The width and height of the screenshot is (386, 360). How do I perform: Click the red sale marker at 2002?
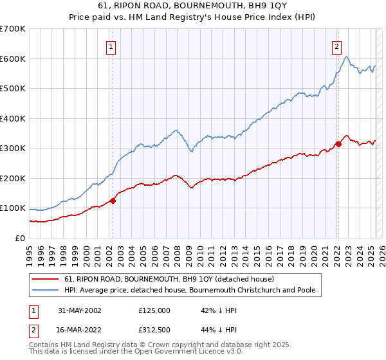[x=113, y=201]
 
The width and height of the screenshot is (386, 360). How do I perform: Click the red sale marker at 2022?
[x=338, y=144]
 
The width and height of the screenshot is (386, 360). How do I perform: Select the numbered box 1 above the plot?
[x=111, y=46]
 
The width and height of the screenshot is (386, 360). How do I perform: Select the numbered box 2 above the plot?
[x=336, y=46]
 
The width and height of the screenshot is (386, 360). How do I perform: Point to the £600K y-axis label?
[x=13, y=59]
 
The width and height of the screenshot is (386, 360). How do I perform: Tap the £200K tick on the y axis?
[x=13, y=178]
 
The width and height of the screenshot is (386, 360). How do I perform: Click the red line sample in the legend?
[x=46, y=279]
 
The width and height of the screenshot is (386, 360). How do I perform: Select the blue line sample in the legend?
[x=46, y=291]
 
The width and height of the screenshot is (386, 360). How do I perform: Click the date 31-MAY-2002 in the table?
[x=79, y=310]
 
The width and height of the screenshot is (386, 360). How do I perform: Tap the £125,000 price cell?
[x=154, y=310]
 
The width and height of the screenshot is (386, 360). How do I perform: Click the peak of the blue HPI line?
[x=347, y=57]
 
